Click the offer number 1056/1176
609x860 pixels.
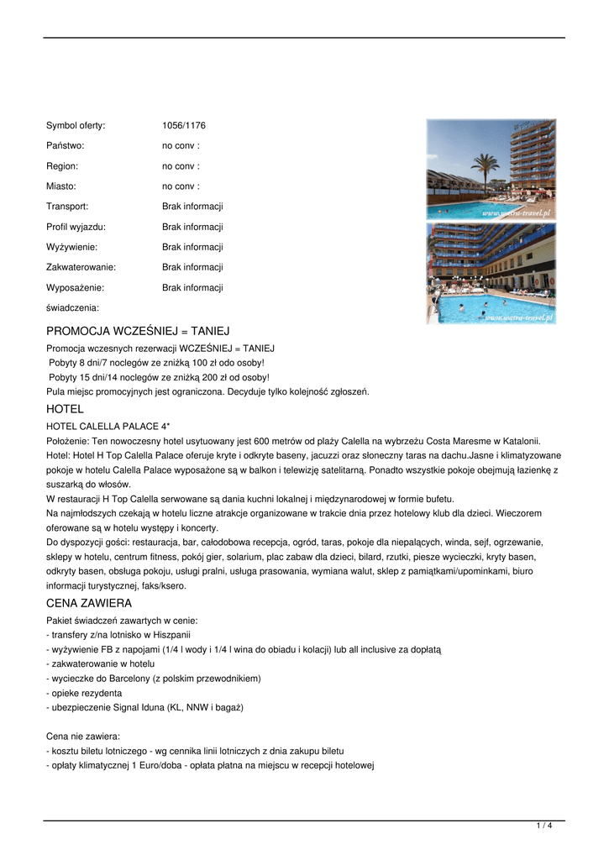(x=183, y=126)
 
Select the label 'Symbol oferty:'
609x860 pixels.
(x=76, y=126)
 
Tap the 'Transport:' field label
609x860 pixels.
(x=67, y=207)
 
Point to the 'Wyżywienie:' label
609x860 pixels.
(x=71, y=247)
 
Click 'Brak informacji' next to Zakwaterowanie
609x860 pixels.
(x=192, y=267)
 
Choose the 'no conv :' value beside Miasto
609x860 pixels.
(x=181, y=186)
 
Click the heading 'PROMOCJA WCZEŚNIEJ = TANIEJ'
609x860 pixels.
(x=138, y=331)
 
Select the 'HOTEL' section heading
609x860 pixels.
(x=65, y=409)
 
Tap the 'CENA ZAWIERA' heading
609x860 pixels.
(x=89, y=603)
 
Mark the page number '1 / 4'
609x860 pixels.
(x=544, y=826)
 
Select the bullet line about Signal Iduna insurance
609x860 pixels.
(x=144, y=708)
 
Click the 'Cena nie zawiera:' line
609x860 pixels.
(x=82, y=737)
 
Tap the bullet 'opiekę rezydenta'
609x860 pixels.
(x=84, y=693)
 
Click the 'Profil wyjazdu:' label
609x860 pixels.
(x=76, y=227)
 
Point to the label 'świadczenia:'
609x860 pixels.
(x=72, y=307)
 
